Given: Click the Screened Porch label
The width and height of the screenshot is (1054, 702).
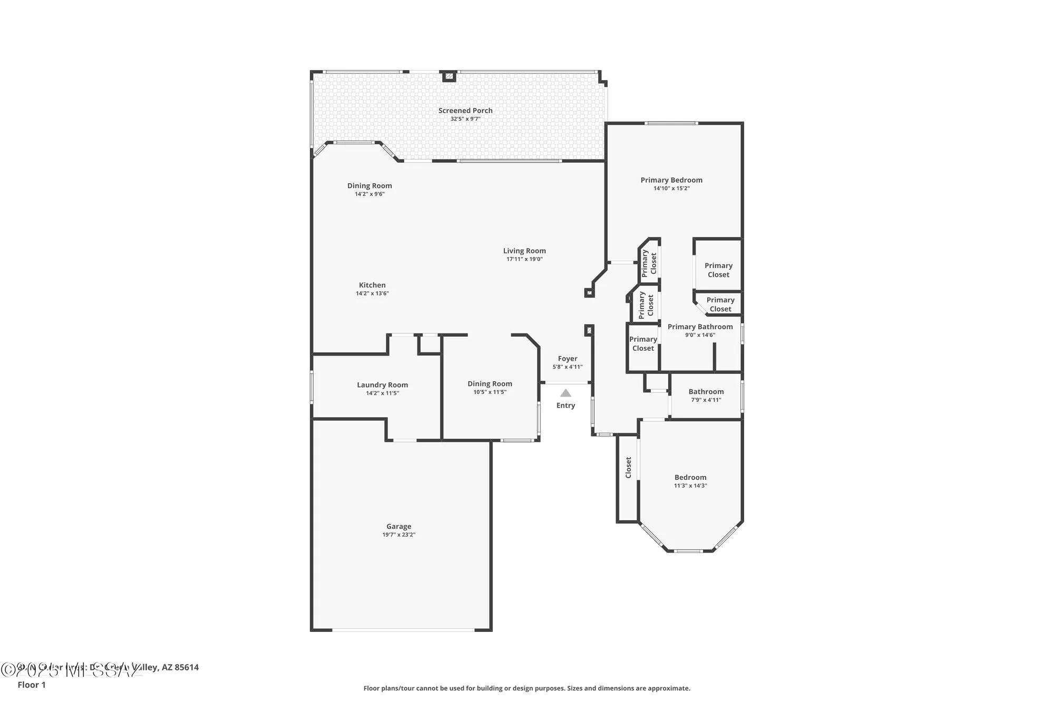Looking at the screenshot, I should tap(465, 111).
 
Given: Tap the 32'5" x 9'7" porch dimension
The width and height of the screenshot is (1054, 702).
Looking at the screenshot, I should tap(465, 119).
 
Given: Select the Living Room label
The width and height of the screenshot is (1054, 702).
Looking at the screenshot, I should tap(524, 251).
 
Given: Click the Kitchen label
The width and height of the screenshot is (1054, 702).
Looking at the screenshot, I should tap(372, 285).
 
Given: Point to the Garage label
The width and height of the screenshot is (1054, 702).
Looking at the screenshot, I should tap(398, 526).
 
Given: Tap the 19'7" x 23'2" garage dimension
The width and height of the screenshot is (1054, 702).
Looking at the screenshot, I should tap(398, 535).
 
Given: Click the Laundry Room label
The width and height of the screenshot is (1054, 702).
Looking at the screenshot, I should tap(382, 385).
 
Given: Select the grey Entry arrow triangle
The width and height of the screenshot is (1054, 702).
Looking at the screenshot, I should tap(565, 393).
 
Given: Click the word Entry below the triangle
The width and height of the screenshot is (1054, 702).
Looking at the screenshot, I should tap(565, 406).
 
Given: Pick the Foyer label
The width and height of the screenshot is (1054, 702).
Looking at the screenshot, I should tap(568, 359).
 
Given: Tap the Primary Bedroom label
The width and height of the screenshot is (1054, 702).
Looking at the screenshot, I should tap(671, 180).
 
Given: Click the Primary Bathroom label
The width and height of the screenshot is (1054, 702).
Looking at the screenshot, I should tap(700, 327).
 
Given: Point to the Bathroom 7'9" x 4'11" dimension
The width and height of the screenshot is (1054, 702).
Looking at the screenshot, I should tap(706, 400).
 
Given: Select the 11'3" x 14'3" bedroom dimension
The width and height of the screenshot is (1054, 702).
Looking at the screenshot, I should tap(690, 486).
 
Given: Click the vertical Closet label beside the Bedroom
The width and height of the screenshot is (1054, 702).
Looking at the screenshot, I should tap(628, 468).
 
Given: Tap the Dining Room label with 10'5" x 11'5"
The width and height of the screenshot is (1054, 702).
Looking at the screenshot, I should tap(490, 384).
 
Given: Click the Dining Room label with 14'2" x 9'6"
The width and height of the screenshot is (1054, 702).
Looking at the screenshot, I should tap(369, 185).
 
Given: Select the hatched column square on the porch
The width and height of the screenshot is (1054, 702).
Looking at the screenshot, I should tap(448, 76).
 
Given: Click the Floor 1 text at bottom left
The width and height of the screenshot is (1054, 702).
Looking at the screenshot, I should tap(32, 685).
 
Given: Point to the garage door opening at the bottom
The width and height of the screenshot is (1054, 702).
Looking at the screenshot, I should tap(403, 629).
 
